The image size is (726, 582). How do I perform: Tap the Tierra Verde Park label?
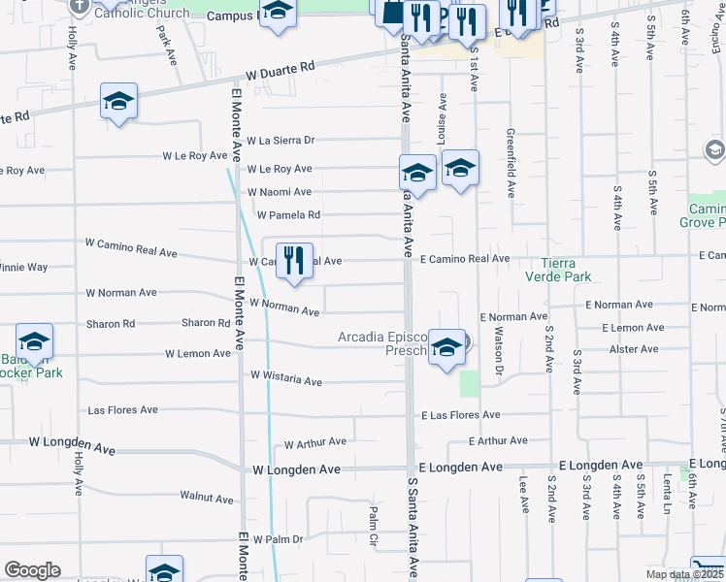click(577, 270)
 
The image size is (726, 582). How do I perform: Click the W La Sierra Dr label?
click(280, 140)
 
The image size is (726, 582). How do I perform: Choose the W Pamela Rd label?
click(287, 215)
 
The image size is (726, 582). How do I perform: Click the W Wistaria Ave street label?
click(285, 380)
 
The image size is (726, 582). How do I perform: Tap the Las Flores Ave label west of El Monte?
click(122, 410)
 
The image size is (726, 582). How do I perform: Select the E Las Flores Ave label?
click(460, 415)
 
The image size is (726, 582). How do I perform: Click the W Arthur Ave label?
click(314, 443)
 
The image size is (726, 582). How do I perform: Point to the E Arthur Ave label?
click(498, 441)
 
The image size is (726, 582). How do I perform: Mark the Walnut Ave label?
click(207, 498)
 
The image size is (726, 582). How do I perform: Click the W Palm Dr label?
click(278, 539)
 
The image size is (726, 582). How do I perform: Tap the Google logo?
click(32, 570)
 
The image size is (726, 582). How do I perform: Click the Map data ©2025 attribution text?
click(684, 574)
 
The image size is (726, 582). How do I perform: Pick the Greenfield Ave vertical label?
click(510, 162)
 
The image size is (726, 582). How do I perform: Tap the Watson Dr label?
click(501, 352)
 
